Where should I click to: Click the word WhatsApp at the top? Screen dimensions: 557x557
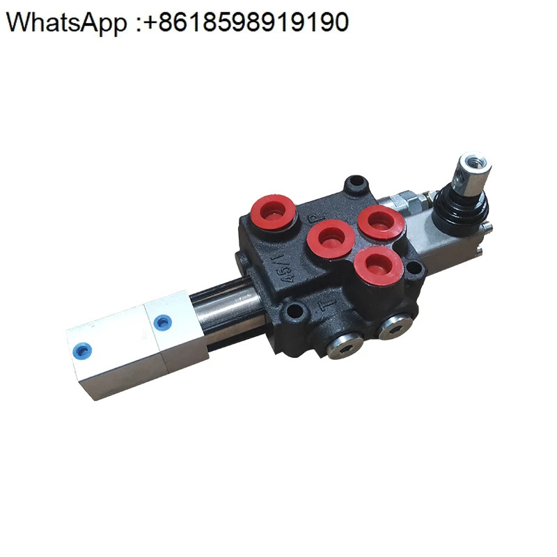66,23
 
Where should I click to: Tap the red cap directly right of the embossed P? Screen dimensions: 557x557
381,223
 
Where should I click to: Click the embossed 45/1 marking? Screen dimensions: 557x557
285,267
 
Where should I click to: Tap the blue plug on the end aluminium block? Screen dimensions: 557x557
81,351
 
